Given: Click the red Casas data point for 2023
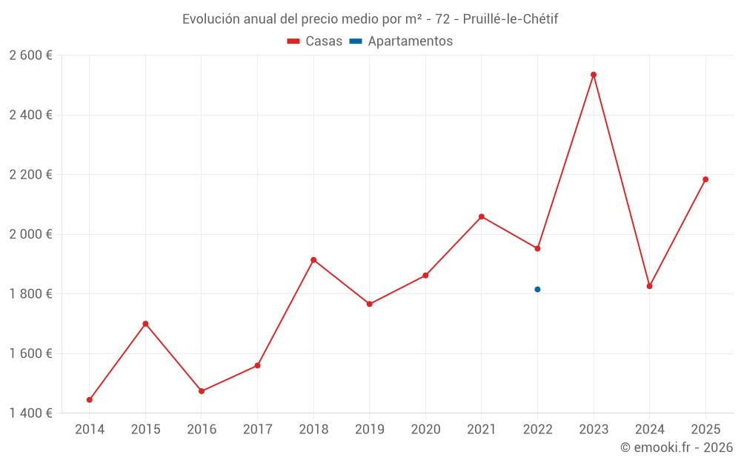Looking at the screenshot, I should (x=594, y=75).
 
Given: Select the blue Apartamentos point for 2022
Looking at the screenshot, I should (x=537, y=290).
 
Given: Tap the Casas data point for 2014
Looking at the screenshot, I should (x=90, y=400).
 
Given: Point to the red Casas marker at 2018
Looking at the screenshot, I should (x=313, y=260).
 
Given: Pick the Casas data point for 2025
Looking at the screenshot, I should (x=705, y=179).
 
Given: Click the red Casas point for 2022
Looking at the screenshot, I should (x=537, y=249).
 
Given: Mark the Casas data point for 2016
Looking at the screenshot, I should (x=202, y=391).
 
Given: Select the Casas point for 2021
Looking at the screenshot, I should (x=482, y=217).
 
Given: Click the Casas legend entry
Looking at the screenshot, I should (x=315, y=41).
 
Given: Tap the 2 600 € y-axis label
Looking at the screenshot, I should (x=30, y=56).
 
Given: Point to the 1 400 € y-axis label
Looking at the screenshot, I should (x=30, y=413).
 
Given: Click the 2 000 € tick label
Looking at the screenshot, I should (x=30, y=234).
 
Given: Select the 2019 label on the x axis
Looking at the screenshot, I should (x=369, y=430).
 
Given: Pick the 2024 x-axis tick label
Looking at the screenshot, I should (x=649, y=430).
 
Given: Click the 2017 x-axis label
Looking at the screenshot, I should (x=257, y=430).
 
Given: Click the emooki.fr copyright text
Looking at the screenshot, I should (x=677, y=447).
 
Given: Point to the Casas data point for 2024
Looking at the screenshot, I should (x=649, y=286).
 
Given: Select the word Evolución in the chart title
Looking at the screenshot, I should (x=211, y=19).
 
